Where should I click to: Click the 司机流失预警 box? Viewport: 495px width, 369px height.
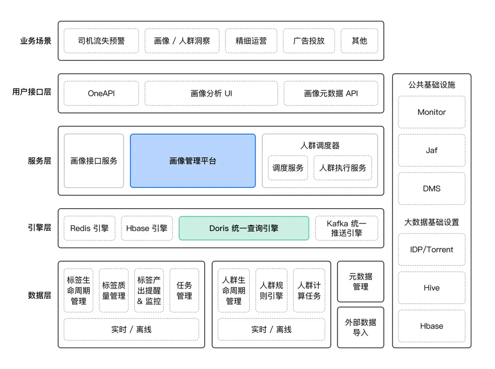[x=101, y=41]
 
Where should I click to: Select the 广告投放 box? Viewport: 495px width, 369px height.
[x=309, y=41]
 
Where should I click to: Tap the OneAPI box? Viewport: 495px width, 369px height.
[x=101, y=94]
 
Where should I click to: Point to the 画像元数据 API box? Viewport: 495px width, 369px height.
[x=331, y=94]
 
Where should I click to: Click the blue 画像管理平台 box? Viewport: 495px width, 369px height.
[x=192, y=161]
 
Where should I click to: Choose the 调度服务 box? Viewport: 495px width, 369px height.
[x=288, y=168]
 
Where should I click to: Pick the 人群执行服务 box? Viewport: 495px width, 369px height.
[x=343, y=168]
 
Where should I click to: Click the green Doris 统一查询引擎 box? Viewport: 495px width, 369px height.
[x=244, y=228]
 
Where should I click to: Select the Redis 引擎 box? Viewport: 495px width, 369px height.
[x=89, y=228]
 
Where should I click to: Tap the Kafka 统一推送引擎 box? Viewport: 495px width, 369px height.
[x=346, y=228]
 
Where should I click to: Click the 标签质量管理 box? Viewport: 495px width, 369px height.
[x=114, y=291]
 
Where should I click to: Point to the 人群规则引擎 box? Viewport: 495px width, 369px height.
[x=271, y=291]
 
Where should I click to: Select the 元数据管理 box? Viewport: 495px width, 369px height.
[x=360, y=282]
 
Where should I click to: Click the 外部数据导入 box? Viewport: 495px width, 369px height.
[x=360, y=328]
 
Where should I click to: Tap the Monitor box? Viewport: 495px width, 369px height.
[x=431, y=112]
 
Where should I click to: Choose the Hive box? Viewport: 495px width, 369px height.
[x=431, y=288]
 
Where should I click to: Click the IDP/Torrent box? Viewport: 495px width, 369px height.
[x=431, y=250]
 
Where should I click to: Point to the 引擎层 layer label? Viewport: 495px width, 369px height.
[x=39, y=228]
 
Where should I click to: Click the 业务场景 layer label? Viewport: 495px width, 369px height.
[x=36, y=41]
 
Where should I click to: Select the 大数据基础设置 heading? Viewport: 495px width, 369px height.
[x=431, y=222]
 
